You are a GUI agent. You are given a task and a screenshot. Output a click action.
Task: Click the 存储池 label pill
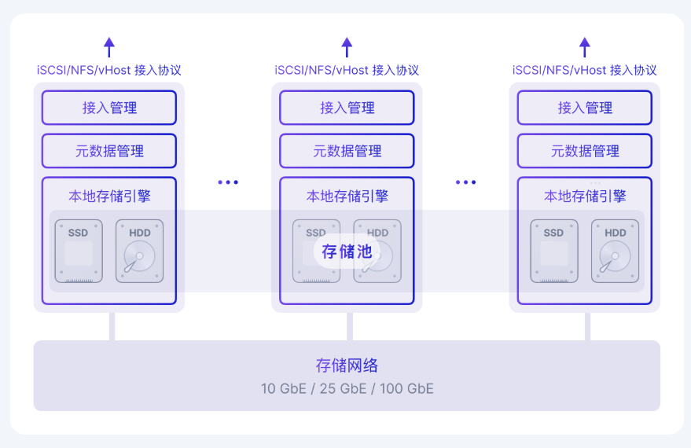pyautogui.click(x=347, y=252)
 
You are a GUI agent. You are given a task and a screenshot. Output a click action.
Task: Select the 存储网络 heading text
pyautogui.click(x=347, y=365)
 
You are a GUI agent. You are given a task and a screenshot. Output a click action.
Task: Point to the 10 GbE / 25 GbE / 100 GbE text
pyautogui.click(x=347, y=388)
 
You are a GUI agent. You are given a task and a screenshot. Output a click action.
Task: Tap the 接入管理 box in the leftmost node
pyautogui.click(x=109, y=108)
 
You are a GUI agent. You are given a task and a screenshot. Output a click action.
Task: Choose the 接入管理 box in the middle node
pyautogui.click(x=347, y=108)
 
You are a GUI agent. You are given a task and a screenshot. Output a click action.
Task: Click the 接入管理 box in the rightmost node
pyautogui.click(x=584, y=108)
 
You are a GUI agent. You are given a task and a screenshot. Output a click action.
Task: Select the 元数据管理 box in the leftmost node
pyautogui.click(x=109, y=151)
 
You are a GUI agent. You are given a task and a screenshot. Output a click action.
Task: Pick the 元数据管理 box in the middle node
pyautogui.click(x=347, y=151)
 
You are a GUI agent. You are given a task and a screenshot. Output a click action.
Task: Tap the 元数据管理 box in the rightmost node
pyautogui.click(x=584, y=151)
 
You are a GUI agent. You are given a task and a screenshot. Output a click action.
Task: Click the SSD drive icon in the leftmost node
pyautogui.click(x=79, y=251)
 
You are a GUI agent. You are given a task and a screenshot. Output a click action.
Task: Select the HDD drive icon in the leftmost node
pyautogui.click(x=139, y=251)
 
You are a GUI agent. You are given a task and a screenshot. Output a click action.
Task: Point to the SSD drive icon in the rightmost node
pyautogui.click(x=553, y=251)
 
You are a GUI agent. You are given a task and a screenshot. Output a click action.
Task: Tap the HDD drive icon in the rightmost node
pyautogui.click(x=615, y=251)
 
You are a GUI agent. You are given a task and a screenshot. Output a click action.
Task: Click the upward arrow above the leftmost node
pyautogui.click(x=109, y=46)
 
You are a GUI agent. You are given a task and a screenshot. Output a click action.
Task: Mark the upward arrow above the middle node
pyautogui.click(x=347, y=46)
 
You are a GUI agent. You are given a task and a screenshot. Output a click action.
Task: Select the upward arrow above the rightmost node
pyautogui.click(x=584, y=46)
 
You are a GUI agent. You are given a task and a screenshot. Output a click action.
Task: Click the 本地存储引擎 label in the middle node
pyautogui.click(x=347, y=196)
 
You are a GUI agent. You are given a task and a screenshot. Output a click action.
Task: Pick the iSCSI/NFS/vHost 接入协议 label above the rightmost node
pyautogui.click(x=584, y=70)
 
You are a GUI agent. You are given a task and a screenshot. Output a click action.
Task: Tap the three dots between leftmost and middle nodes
pyautogui.click(x=228, y=182)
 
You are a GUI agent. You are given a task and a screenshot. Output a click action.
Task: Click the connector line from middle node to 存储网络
pyautogui.click(x=349, y=326)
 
